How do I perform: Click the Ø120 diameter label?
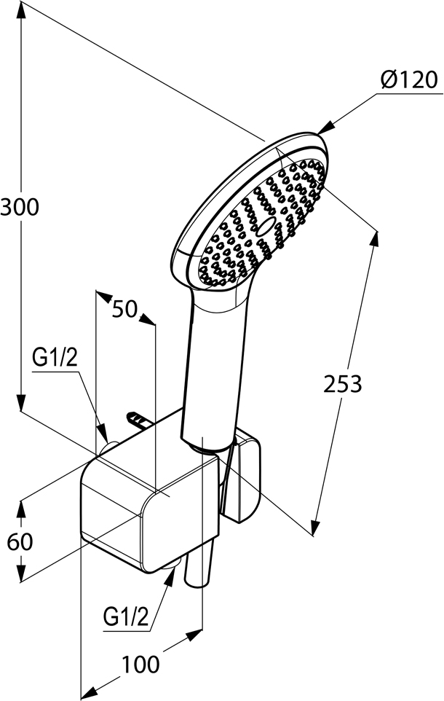click(x=408, y=80)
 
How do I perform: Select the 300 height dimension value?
click(x=20, y=208)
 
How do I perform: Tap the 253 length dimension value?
click(x=343, y=384)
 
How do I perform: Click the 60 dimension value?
click(x=20, y=542)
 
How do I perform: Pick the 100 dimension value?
click(x=140, y=665)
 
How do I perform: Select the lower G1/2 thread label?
click(x=125, y=617)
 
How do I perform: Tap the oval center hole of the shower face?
click(x=266, y=227)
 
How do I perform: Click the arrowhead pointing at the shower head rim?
click(x=325, y=128)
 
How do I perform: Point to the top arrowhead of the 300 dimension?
click(x=20, y=11)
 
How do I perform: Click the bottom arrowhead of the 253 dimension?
click(x=316, y=526)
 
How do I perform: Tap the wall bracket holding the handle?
click(x=244, y=476)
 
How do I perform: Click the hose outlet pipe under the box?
click(x=197, y=563)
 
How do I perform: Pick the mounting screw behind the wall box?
click(x=138, y=419)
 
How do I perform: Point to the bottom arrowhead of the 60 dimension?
click(x=20, y=573)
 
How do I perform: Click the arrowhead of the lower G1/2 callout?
click(x=170, y=577)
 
